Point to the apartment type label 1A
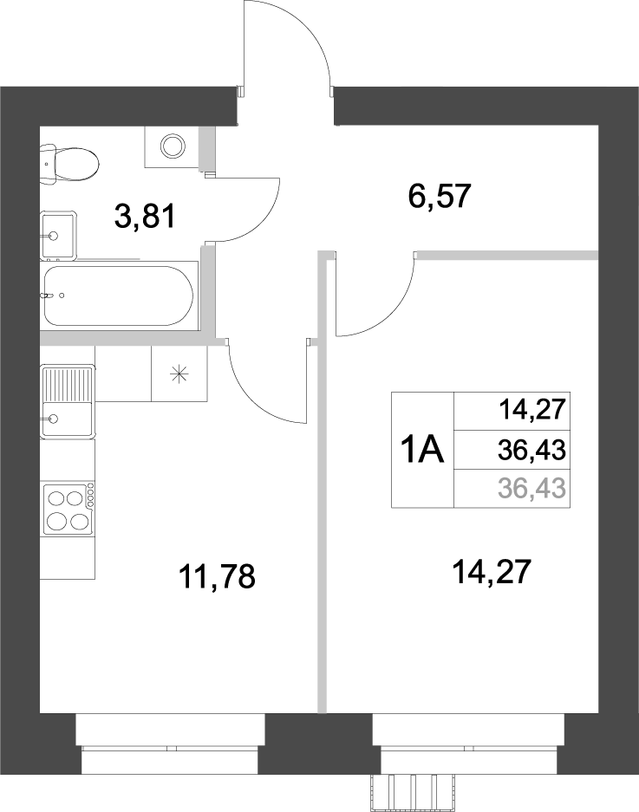tap(421, 451)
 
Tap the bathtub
tap(117, 296)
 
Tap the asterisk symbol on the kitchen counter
tap(179, 374)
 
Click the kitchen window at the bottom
tap(170, 742)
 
